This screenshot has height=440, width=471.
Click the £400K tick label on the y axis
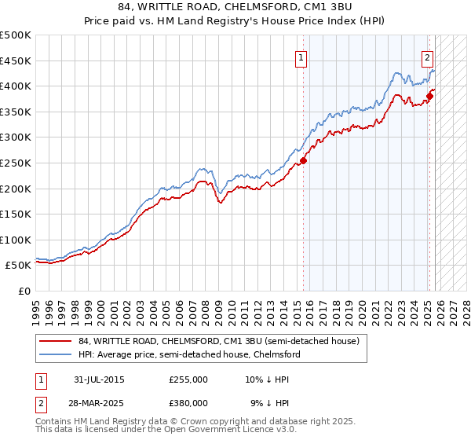click(16, 86)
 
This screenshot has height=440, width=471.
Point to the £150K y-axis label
click(16, 214)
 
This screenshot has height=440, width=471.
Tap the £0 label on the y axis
click(24, 291)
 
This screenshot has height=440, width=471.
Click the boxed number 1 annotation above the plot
click(301, 57)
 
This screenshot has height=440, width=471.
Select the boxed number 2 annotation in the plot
click(427, 57)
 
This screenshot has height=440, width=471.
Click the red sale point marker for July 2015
click(303, 160)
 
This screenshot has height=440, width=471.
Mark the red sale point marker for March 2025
click(429, 97)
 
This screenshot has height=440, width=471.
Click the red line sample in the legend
click(55, 341)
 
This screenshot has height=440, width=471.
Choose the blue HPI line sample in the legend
click(55, 354)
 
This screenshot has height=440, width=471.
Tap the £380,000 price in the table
click(188, 402)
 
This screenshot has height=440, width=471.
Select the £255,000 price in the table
click(188, 379)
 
